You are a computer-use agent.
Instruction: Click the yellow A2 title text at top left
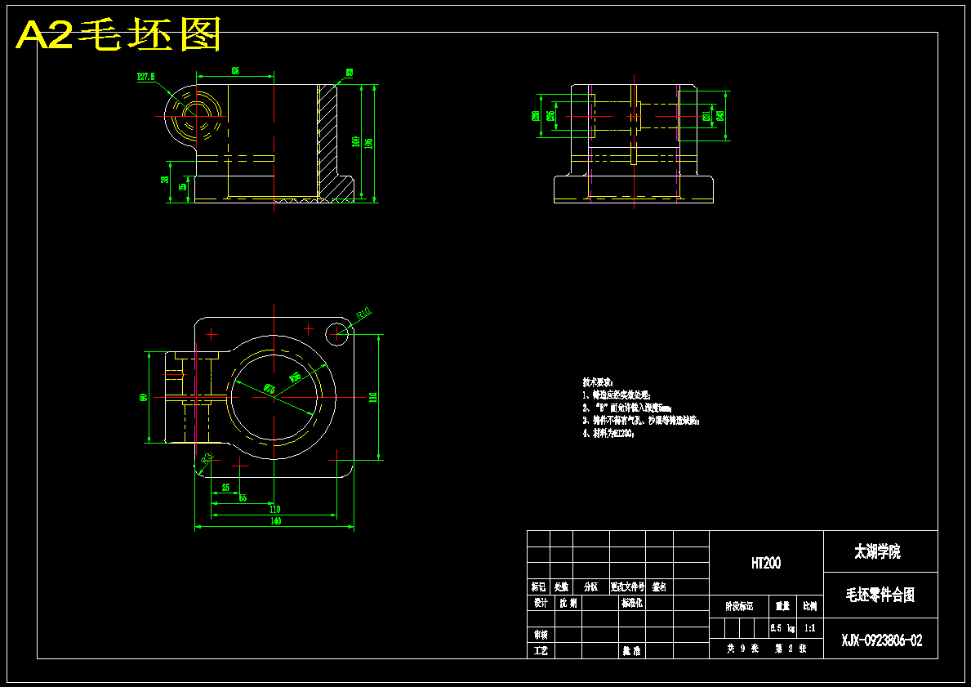pyautogui.click(x=119, y=35)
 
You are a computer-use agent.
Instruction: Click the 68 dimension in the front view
pyautogui.click(x=235, y=71)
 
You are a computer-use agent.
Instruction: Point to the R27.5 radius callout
pyautogui.click(x=147, y=77)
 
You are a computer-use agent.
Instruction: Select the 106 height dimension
pyautogui.click(x=369, y=143)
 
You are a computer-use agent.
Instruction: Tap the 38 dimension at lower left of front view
pyautogui.click(x=166, y=181)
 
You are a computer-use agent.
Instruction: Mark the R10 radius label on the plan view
pyautogui.click(x=363, y=312)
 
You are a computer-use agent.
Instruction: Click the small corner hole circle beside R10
pyautogui.click(x=336, y=332)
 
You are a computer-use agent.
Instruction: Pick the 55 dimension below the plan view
pyautogui.click(x=243, y=497)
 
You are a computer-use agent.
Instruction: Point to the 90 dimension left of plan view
pyautogui.click(x=144, y=398)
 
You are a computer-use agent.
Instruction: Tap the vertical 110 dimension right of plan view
pyautogui.click(x=373, y=398)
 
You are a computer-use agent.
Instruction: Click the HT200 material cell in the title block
pyautogui.click(x=766, y=563)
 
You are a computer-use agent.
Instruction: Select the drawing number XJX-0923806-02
pyautogui.click(x=882, y=641)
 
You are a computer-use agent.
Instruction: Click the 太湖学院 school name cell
pyautogui.click(x=877, y=553)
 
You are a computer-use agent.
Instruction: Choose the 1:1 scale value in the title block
pyautogui.click(x=810, y=628)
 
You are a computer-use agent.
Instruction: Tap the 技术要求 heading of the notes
pyautogui.click(x=598, y=382)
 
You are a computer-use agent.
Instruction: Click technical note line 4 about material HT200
pyautogui.click(x=608, y=434)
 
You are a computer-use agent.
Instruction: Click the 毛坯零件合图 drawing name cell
pyautogui.click(x=880, y=595)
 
